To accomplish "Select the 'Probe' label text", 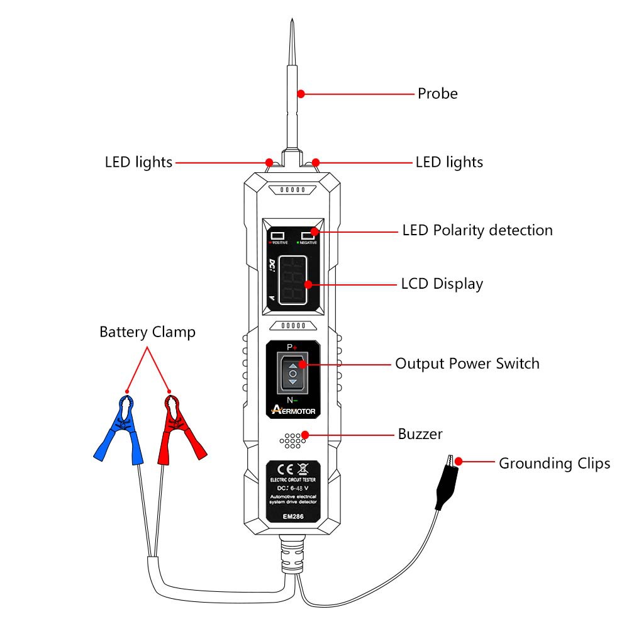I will click(437, 94).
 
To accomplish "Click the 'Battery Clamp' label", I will click(147, 332).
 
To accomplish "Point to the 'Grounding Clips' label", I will click(554, 464).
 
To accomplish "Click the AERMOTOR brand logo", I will click(294, 410).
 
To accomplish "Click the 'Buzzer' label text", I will click(420, 434).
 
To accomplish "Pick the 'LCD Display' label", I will click(442, 284).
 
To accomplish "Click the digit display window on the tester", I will click(293, 281).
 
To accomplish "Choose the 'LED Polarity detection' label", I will click(477, 230).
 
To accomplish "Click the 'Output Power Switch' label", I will click(467, 364).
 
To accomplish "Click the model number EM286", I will click(292, 517).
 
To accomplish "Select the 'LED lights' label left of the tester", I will click(138, 162).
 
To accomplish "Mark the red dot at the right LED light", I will click(316, 162).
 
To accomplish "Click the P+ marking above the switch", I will click(292, 347).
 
